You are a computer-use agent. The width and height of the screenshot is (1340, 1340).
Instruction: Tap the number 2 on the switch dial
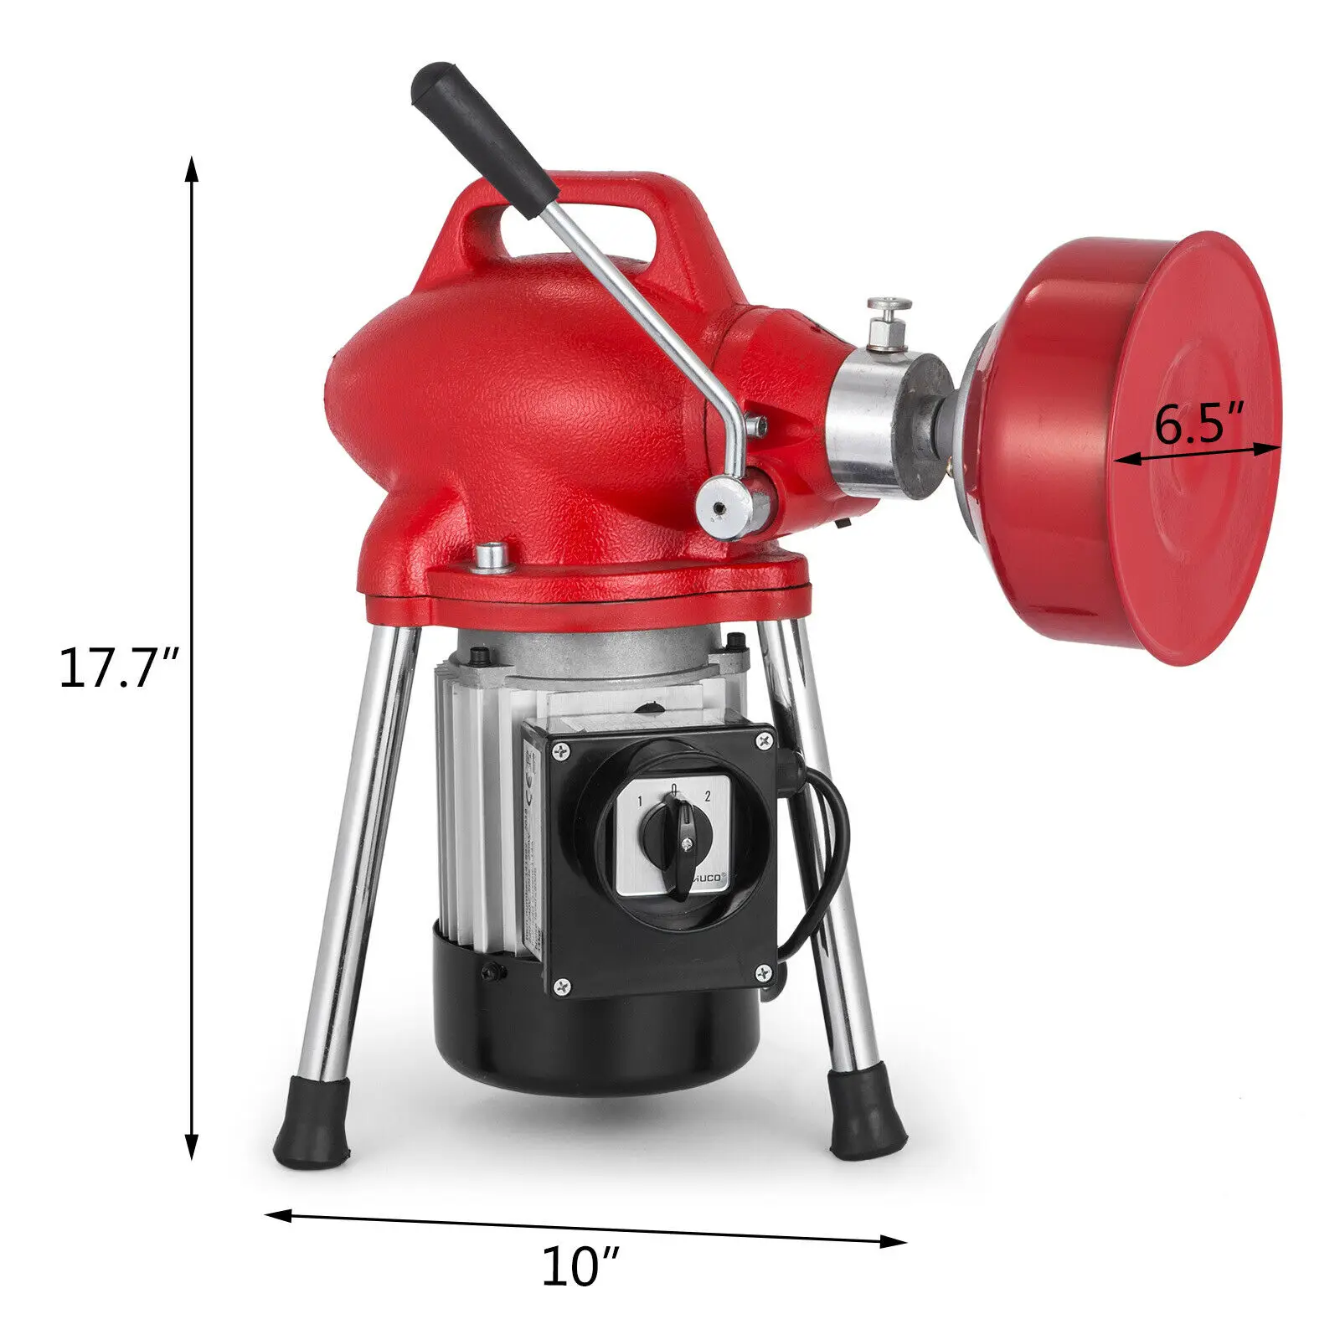(x=708, y=795)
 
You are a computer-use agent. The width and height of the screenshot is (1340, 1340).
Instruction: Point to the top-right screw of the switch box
(x=763, y=740)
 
